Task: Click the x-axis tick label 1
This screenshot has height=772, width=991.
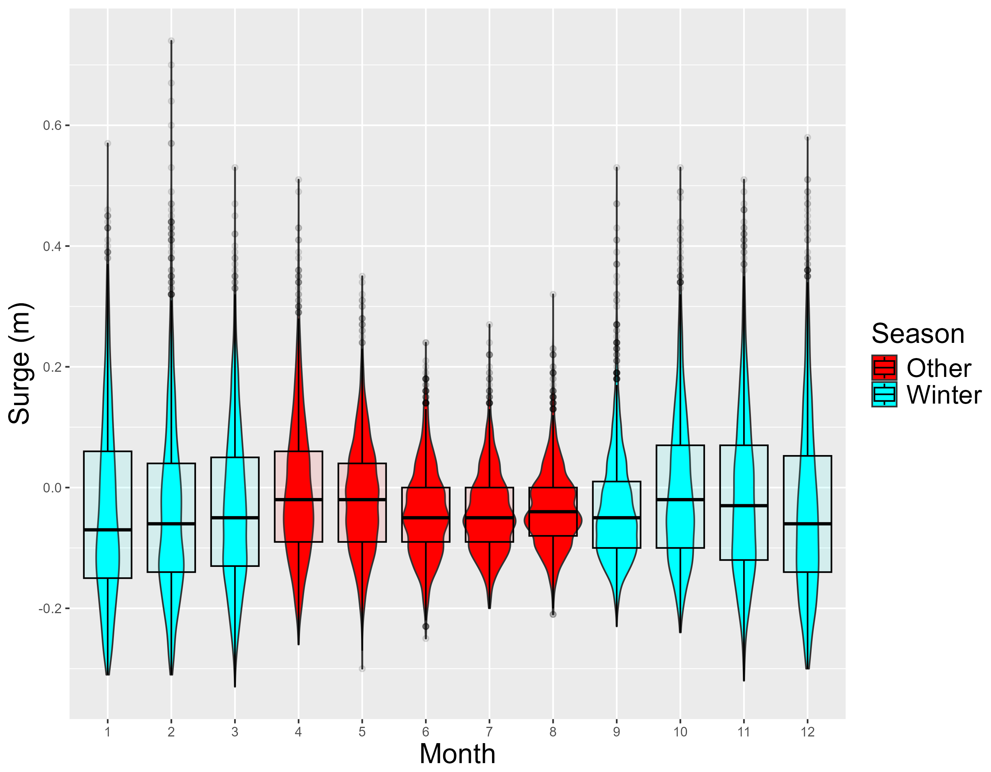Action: click(x=108, y=732)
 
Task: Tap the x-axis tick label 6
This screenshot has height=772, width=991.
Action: click(x=426, y=732)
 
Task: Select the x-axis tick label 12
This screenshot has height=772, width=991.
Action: click(x=808, y=732)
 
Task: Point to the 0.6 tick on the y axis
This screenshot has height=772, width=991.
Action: click(x=52, y=126)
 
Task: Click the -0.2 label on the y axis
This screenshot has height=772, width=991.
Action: click(x=50, y=608)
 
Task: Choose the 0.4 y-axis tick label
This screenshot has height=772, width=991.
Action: click(x=52, y=247)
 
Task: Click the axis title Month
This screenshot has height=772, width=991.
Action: click(x=457, y=754)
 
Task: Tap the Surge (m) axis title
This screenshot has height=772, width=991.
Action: click(x=20, y=363)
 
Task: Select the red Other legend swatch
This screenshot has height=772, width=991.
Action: click(x=884, y=367)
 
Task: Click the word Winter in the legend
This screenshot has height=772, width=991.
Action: click(x=944, y=395)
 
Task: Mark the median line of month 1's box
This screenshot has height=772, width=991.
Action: click(x=108, y=529)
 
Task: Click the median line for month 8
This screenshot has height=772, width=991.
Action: click(x=553, y=512)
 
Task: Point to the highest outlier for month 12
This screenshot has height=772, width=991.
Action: click(x=808, y=137)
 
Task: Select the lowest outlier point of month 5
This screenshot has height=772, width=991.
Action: click(x=362, y=668)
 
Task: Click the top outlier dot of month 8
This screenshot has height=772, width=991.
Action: click(x=553, y=294)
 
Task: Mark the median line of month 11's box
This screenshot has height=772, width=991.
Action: click(x=744, y=505)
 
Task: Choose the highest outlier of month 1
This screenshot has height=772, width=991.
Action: click(x=108, y=144)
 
